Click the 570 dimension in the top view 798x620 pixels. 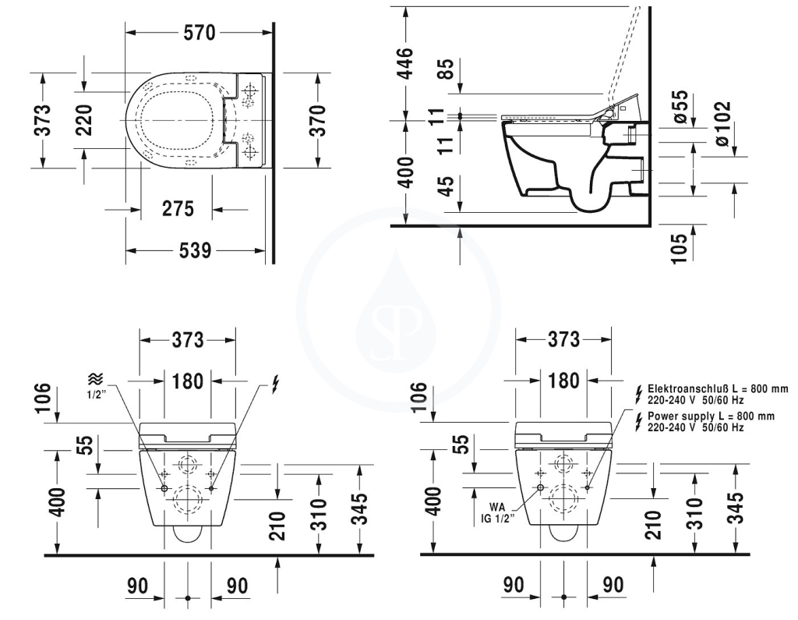click(x=199, y=33)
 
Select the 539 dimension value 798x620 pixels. click(x=195, y=250)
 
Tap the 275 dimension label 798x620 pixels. click(x=178, y=208)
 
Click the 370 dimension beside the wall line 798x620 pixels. click(x=317, y=120)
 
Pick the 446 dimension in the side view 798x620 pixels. click(x=405, y=63)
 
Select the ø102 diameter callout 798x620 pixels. click(x=722, y=124)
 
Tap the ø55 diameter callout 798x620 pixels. click(x=680, y=107)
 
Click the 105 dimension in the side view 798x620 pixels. click(x=680, y=248)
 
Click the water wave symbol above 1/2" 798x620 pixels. click(x=95, y=378)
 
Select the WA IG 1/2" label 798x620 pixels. click(x=498, y=513)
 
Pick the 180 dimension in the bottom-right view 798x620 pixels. click(x=564, y=381)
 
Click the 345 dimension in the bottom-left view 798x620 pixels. click(x=360, y=508)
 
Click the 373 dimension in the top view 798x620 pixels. click(x=44, y=120)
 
